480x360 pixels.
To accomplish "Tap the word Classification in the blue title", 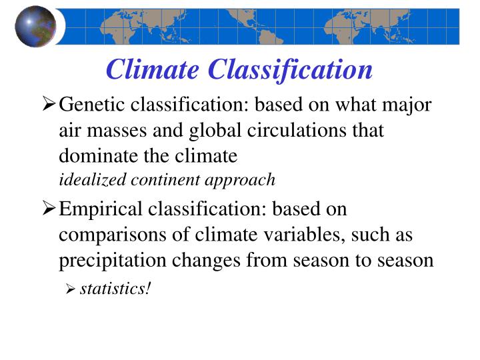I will (x=290, y=69).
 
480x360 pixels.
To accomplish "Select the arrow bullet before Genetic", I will (x=49, y=105).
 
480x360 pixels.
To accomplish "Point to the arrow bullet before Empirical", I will (x=49, y=209).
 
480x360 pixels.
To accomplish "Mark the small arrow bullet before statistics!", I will (x=71, y=289).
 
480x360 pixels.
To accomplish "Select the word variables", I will (x=317, y=235).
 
